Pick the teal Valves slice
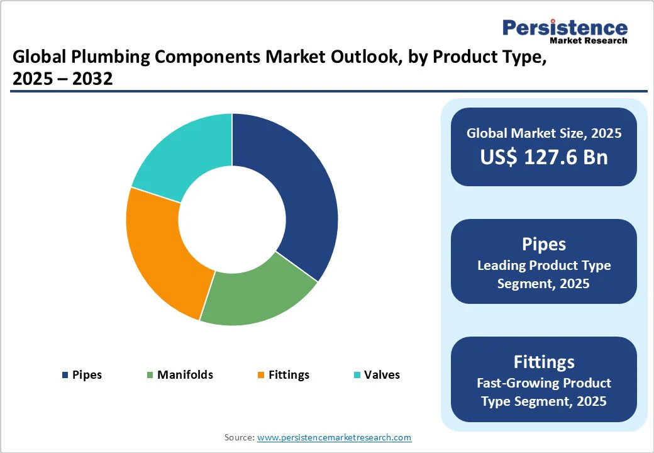182,154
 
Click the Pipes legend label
87,375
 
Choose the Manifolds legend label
185,375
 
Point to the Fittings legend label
289,375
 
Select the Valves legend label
382,375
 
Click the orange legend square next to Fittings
261,376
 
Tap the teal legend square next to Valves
357,376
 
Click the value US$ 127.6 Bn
544,157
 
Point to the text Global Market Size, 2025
544,133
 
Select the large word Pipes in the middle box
544,244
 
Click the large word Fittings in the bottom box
544,362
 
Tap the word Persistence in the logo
565,28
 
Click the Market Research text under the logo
588,41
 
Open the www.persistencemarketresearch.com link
335,437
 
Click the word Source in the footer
239,437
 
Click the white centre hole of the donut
232,220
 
